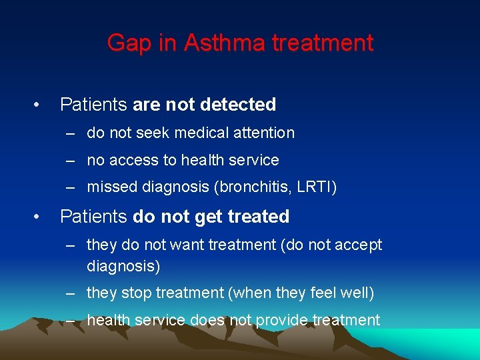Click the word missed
pos(112,187)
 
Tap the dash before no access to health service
pos(71,161)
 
